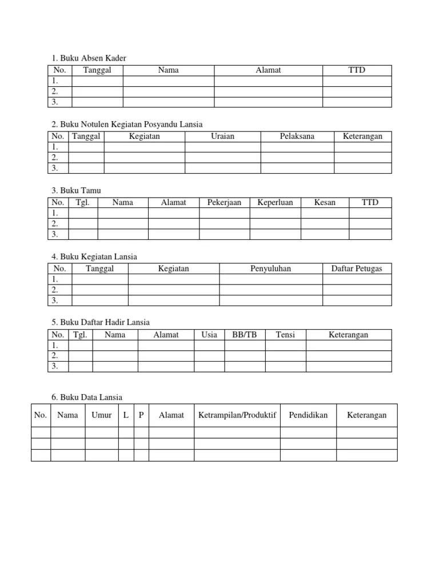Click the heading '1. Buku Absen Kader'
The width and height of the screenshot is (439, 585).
coord(89,58)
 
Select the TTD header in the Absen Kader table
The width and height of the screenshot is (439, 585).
coord(357,70)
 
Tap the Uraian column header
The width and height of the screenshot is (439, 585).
coord(222,137)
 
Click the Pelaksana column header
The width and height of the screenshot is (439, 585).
coord(297,137)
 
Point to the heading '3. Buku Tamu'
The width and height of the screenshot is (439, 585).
coord(76,190)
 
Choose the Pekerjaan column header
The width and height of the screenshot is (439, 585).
coord(224,202)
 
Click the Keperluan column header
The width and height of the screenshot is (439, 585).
coord(275,202)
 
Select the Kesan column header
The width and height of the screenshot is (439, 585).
coord(325,202)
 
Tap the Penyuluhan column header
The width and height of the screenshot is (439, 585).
coord(271,269)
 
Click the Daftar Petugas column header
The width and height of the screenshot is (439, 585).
coord(357,269)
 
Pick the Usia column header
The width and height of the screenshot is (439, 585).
coord(209,335)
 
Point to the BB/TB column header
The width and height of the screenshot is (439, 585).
coord(245,335)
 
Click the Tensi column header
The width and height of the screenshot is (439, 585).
coord(285,335)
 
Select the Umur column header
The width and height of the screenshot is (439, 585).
coord(102,415)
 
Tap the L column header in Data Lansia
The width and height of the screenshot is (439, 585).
coord(126,415)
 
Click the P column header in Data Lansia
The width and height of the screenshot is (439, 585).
coord(141,415)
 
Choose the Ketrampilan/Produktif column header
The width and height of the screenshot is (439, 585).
coord(237,415)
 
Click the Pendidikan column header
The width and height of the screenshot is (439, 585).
coord(308,415)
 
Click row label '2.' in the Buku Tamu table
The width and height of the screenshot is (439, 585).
coord(55,224)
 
